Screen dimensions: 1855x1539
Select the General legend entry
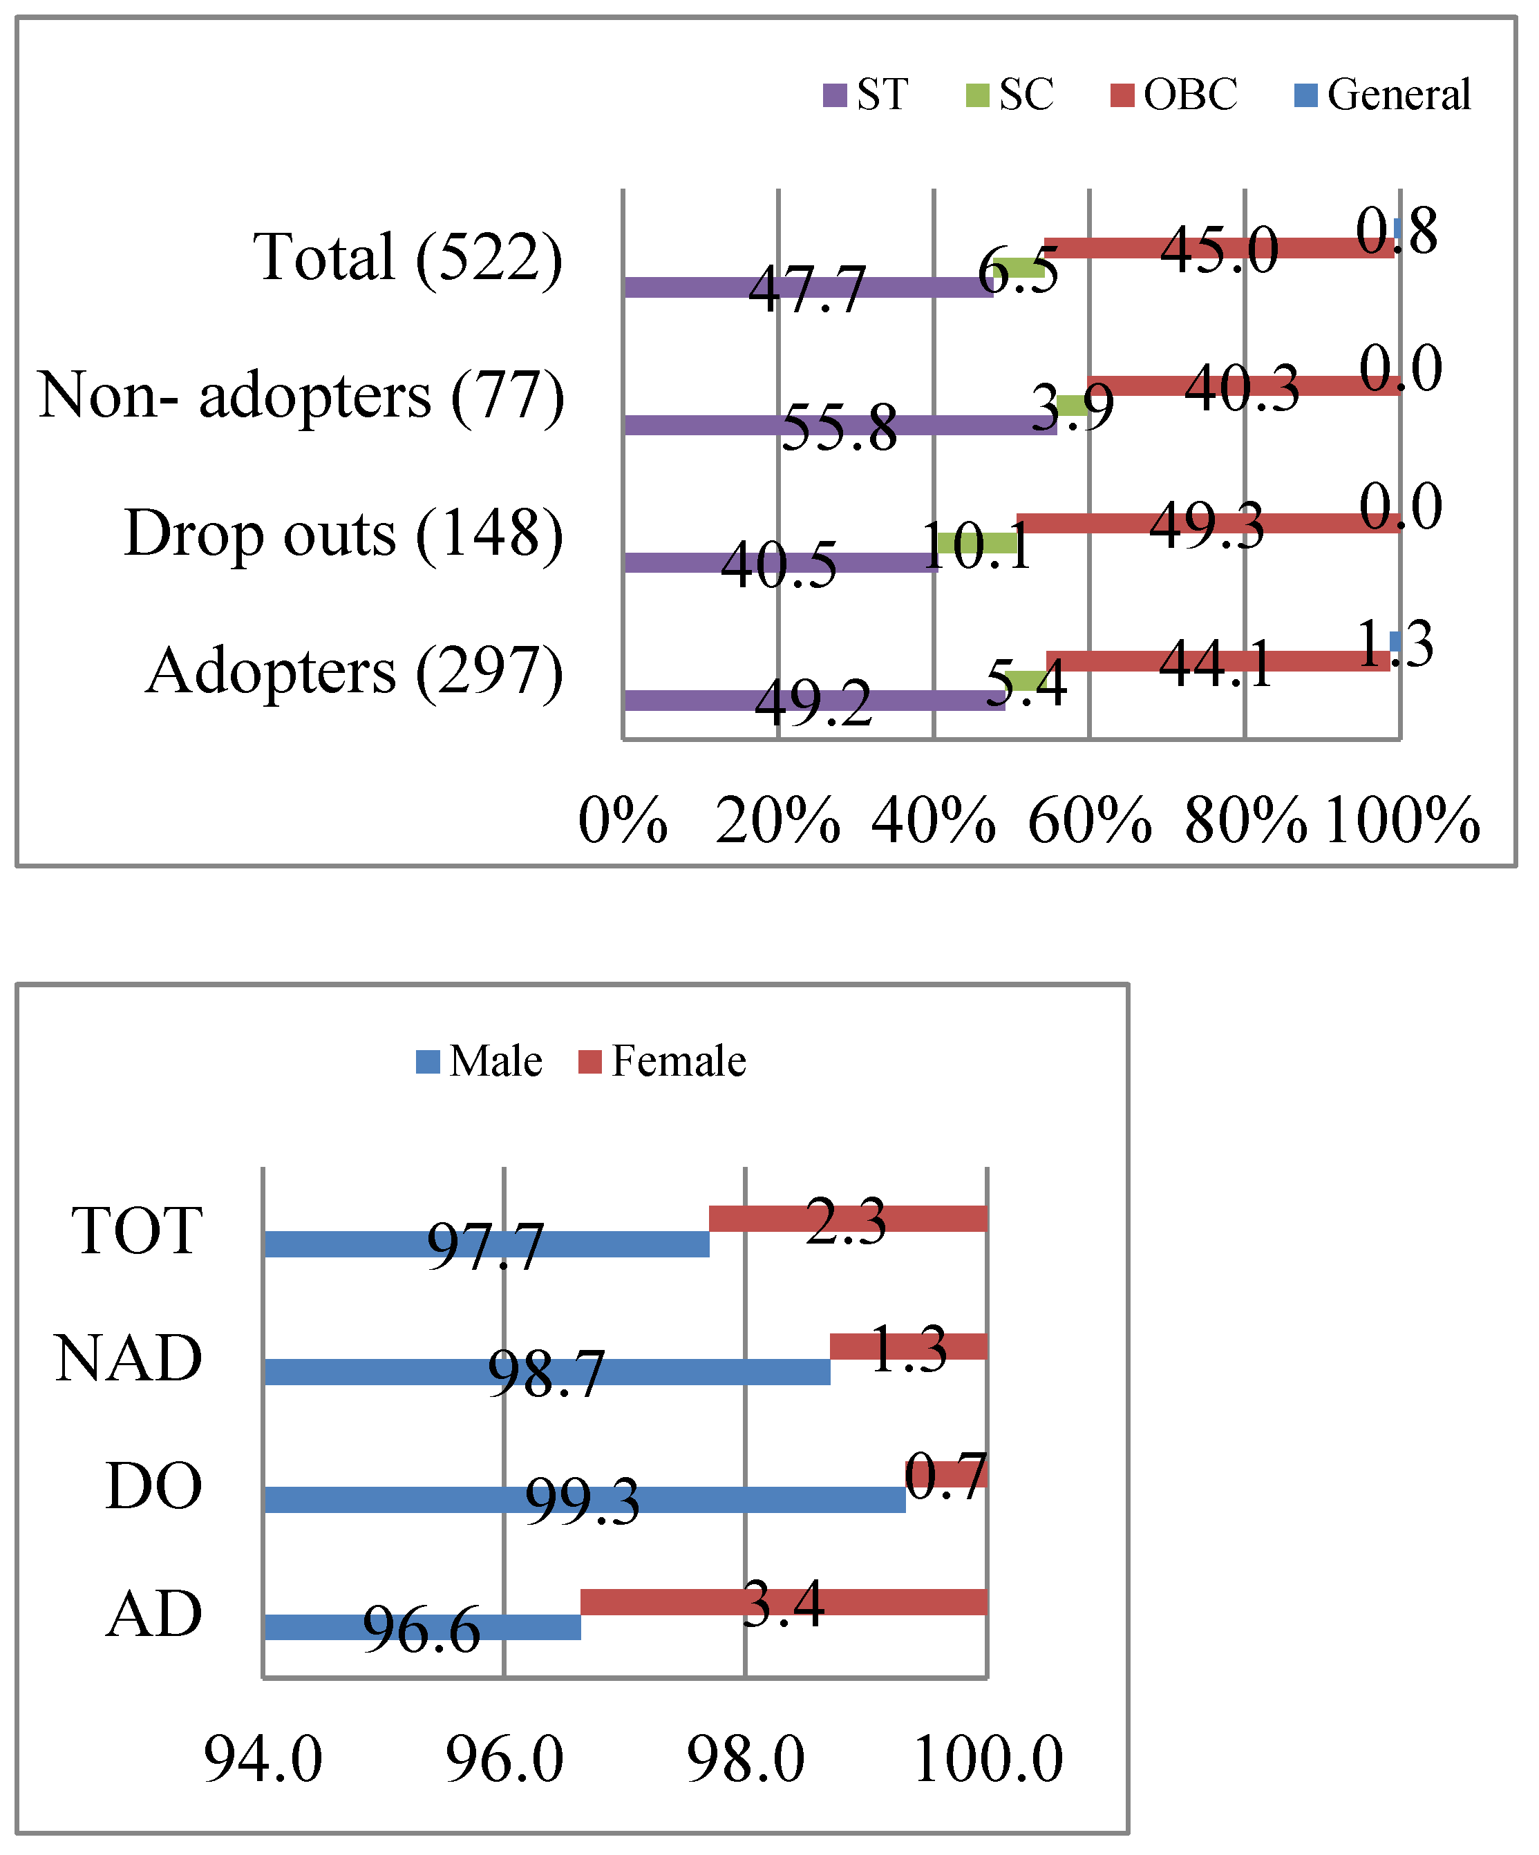1383,95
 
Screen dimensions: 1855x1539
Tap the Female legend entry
663,1061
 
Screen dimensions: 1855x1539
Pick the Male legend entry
480,1061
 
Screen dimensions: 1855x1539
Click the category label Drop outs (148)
343,533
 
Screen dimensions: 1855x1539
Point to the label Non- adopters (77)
301,395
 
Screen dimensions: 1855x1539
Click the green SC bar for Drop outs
976,542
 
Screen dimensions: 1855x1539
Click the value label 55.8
839,427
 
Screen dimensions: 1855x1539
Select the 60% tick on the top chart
1089,821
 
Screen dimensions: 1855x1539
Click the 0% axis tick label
623,821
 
